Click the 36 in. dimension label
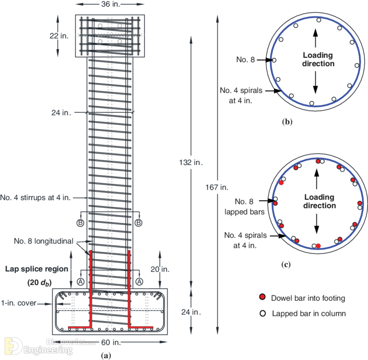pos(110,4)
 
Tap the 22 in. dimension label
pos(59,36)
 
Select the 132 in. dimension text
pos(191,162)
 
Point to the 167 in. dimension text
pos(217,187)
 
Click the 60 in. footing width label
pos(111,342)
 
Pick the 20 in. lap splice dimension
pos(160,269)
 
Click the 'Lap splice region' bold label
pos(37,269)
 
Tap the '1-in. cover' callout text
pos(19,303)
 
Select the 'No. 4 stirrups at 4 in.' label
pos(36,198)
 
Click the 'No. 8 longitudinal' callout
pos(44,241)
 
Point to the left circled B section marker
pos(80,223)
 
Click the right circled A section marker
pos(139,282)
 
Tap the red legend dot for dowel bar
pos(262,297)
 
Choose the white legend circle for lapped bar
pos(263,313)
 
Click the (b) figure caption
pos(287,122)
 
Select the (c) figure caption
pos(286,265)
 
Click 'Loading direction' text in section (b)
pos(318,59)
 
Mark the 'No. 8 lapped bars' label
pos(244,207)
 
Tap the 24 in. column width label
pos(61,113)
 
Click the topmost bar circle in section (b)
pos(319,20)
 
